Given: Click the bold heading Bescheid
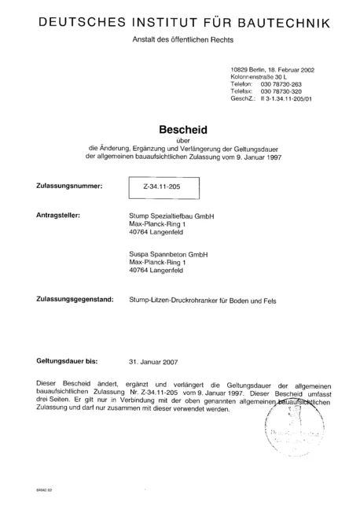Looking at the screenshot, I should pos(180,125).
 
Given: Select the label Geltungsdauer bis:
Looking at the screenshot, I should pos(67,361).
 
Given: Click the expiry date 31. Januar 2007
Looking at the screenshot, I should pos(153,362).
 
